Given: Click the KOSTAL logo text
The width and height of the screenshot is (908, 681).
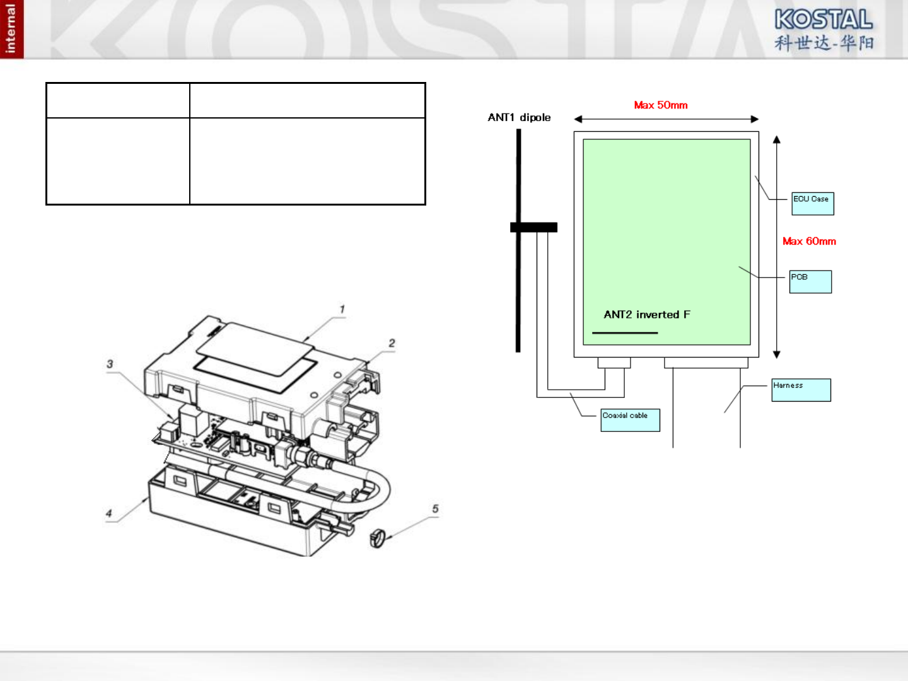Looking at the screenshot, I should click(824, 19).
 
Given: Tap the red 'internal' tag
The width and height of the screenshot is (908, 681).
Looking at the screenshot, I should click(11, 29).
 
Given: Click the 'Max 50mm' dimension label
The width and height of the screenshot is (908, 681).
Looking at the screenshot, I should click(660, 105).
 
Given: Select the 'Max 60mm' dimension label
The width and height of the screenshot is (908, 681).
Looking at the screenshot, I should click(809, 242).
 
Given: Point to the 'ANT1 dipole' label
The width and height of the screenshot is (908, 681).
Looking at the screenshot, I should click(519, 117).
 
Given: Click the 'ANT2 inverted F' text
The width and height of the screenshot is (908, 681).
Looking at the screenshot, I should click(646, 315).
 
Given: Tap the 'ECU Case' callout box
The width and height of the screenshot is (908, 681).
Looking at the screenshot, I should click(813, 204).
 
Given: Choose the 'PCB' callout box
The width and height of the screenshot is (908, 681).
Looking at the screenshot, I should click(811, 282).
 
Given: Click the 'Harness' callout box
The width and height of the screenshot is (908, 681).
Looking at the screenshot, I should click(801, 390).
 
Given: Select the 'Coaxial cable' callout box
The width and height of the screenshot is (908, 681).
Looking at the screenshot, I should click(630, 420).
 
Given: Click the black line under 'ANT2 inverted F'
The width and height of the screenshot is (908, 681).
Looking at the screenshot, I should click(624, 333).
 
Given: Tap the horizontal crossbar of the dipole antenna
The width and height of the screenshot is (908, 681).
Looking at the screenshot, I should click(533, 228).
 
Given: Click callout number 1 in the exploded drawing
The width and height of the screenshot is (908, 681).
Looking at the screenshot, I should click(342, 310).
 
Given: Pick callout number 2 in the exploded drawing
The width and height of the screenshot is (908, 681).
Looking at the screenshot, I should click(392, 343).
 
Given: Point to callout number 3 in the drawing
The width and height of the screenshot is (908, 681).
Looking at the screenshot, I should click(110, 364).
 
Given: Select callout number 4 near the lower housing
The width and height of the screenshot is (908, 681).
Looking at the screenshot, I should click(109, 513).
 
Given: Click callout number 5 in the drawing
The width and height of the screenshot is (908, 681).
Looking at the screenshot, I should click(435, 509).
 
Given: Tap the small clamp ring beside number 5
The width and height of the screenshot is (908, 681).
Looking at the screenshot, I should click(377, 538).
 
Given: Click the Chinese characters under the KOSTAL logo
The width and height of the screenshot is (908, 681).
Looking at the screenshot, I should click(824, 43).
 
